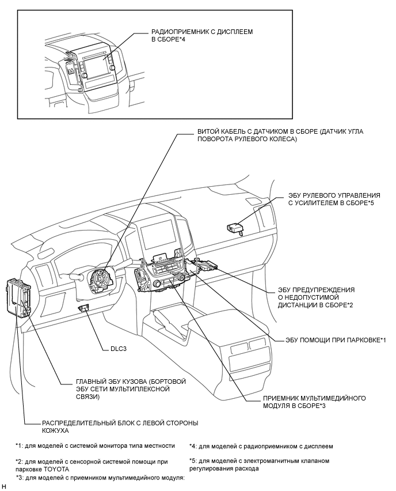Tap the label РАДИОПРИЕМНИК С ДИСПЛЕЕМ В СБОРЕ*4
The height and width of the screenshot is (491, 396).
pos(202,35)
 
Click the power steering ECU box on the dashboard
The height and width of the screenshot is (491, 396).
pos(235,227)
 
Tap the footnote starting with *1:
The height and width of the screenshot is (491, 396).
pos(95,445)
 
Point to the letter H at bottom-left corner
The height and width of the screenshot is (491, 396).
pos(5,487)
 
